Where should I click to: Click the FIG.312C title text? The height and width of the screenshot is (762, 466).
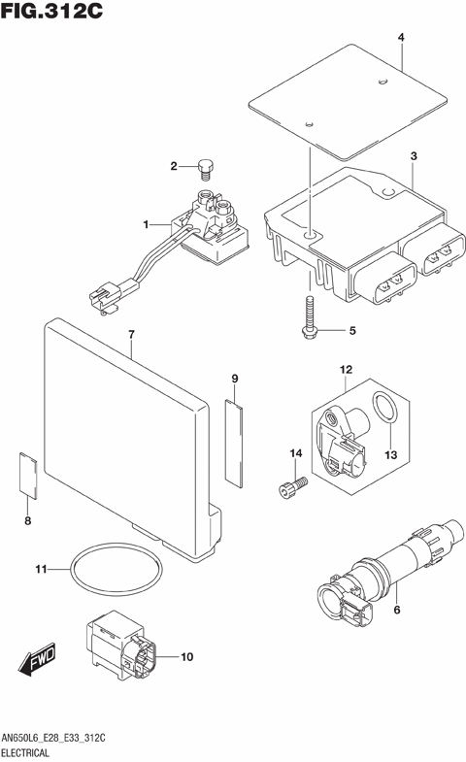(x=52, y=13)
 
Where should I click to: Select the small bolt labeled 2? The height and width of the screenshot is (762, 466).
(x=205, y=171)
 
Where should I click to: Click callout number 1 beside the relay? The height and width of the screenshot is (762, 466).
(x=147, y=224)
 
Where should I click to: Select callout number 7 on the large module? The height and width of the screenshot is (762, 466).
(x=130, y=335)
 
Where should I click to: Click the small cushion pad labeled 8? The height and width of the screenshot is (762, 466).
(x=28, y=476)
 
